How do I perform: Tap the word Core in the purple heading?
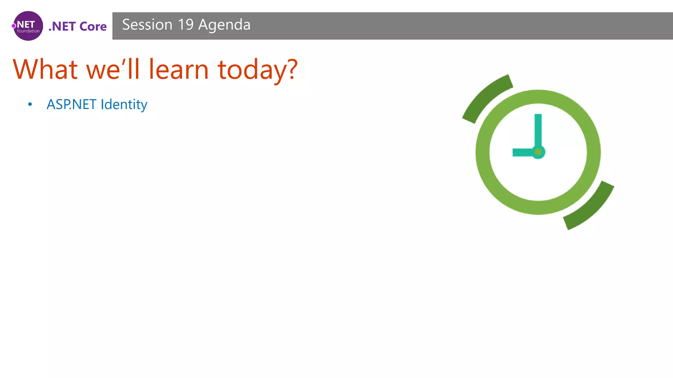[x=93, y=27]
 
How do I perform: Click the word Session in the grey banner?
[x=147, y=25]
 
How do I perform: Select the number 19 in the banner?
[x=186, y=25]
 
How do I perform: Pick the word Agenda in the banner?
[x=224, y=25]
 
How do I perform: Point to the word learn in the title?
[x=178, y=70]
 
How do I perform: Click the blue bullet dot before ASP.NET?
[x=30, y=105]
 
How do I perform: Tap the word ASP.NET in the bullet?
[x=71, y=105]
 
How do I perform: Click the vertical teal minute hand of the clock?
[x=538, y=130]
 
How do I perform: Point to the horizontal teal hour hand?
[x=522, y=152]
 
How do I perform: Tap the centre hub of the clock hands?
[x=538, y=152]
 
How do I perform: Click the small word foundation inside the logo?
[x=28, y=31]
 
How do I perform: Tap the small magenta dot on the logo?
[x=14, y=26]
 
